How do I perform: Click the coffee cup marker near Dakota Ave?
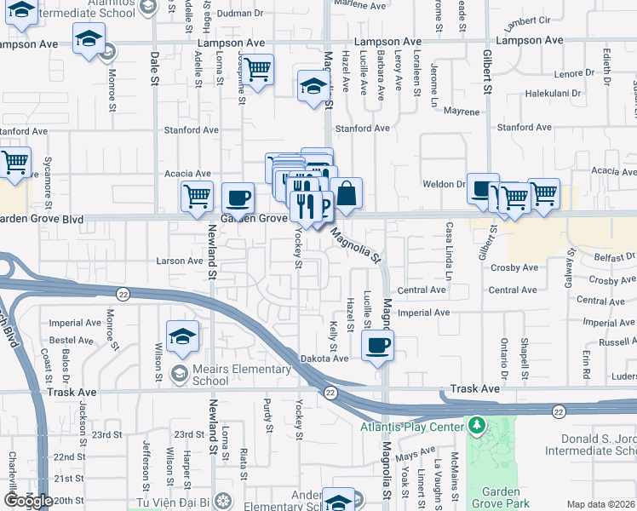[377, 345]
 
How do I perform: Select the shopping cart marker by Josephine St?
[259, 67]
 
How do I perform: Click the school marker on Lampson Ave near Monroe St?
[89, 40]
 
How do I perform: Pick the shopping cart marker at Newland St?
[198, 196]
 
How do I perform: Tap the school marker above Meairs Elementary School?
[183, 336]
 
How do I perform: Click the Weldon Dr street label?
[444, 184]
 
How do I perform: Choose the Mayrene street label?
[461, 112]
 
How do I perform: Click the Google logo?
[28, 501]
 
